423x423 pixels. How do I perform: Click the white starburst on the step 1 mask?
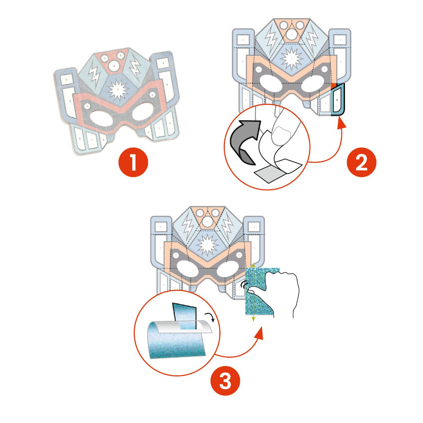click(x=118, y=89)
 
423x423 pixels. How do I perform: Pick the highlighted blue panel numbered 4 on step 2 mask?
click(x=338, y=100)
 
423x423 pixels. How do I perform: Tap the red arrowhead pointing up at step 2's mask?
click(x=341, y=121)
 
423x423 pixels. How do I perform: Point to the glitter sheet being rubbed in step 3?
click(x=258, y=293)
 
